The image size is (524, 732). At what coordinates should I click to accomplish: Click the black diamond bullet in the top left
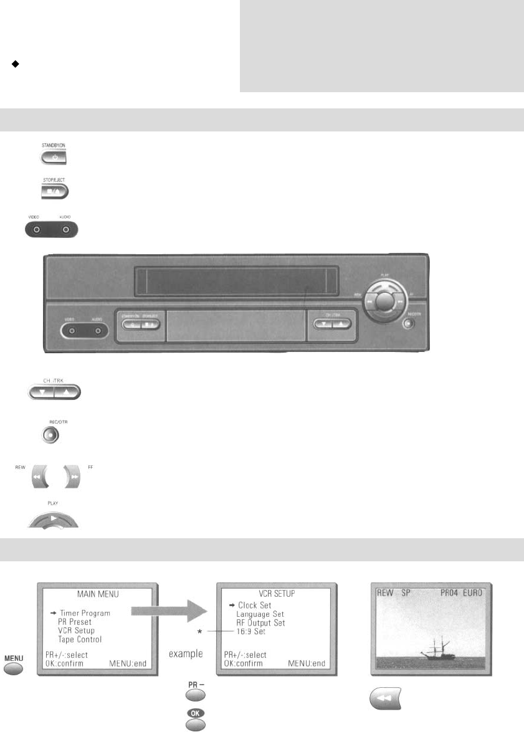13,64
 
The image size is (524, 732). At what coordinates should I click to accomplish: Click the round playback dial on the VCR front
385,299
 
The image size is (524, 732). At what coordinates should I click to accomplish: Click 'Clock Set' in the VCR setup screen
254,605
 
